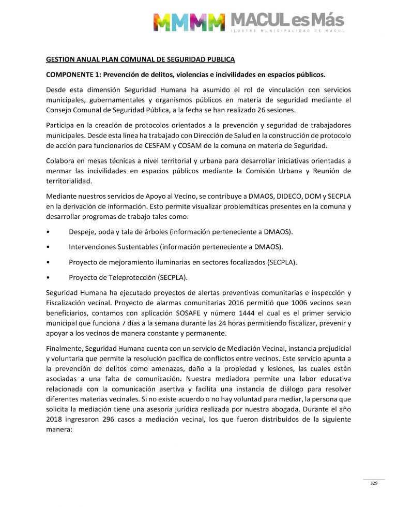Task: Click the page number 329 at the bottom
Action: (x=374, y=483)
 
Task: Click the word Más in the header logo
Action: (x=326, y=21)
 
